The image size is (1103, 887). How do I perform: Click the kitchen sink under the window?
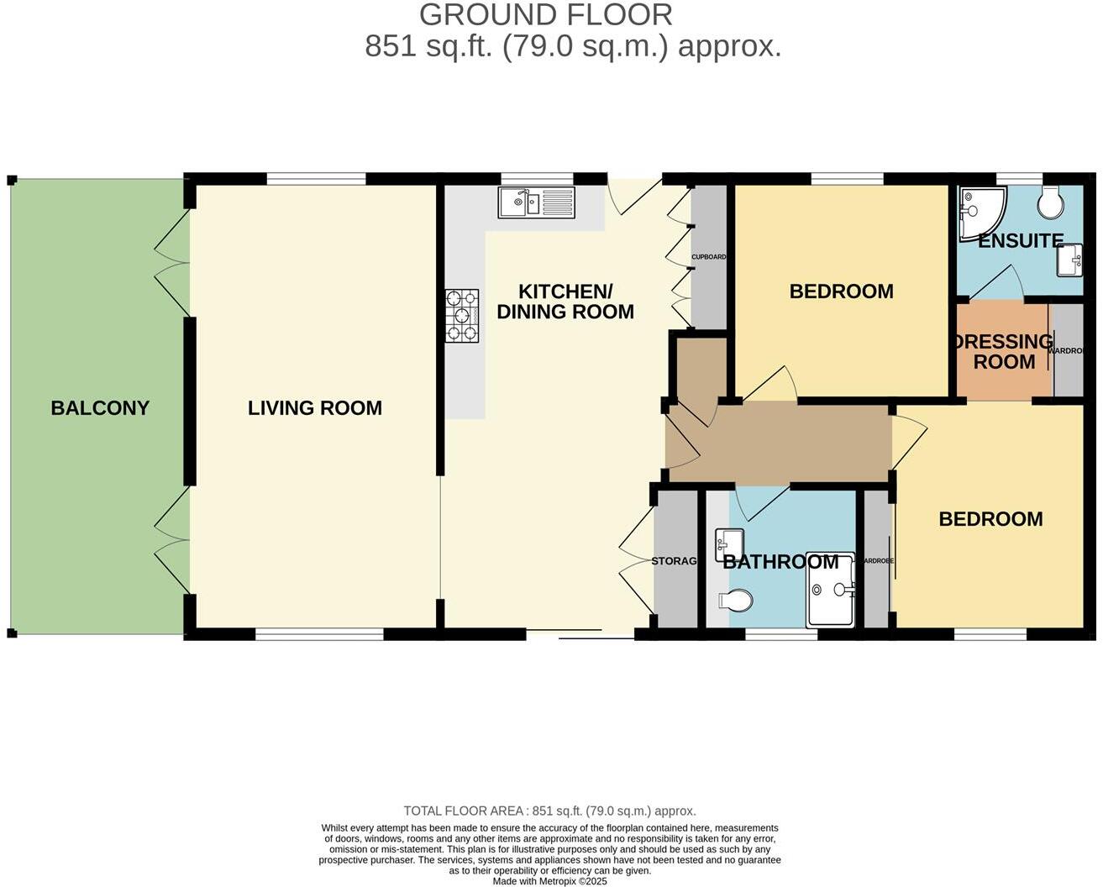537,202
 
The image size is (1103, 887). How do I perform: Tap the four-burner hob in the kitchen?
462,316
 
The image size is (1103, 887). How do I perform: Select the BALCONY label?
100,408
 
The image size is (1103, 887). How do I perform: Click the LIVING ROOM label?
315,408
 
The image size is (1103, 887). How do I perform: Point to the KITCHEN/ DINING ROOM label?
565,302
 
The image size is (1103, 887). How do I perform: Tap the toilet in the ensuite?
1050,201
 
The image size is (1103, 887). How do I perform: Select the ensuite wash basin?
1069,260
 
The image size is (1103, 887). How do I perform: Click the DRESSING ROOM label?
1003,352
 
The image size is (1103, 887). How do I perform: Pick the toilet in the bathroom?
736,601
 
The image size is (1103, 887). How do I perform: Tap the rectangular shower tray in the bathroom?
831,590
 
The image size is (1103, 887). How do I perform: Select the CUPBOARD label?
708,257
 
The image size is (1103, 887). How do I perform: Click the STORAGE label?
675,561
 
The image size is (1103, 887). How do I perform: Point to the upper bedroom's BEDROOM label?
841,291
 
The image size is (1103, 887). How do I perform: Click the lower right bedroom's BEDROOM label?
990,519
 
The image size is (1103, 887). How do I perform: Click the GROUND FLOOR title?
546,15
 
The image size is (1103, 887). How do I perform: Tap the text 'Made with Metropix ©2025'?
549,881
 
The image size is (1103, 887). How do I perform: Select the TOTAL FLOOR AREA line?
549,811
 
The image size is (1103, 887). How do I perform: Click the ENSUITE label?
1021,241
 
